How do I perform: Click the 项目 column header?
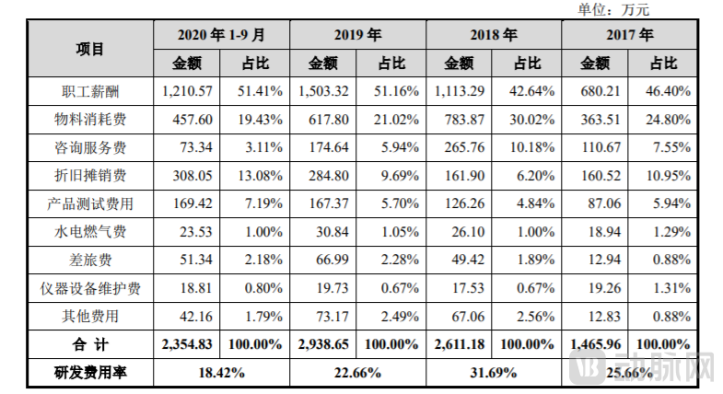pyautogui.click(x=90, y=50)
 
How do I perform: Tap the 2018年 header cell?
pyautogui.click(x=494, y=36)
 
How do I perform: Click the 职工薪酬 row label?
pyautogui.click(x=90, y=92)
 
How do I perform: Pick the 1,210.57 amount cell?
pyautogui.click(x=187, y=92)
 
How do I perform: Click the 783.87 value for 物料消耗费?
pyautogui.click(x=460, y=120)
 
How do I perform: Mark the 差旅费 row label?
pyautogui.click(x=90, y=261)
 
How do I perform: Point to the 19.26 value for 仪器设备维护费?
pyautogui.click(x=596, y=288)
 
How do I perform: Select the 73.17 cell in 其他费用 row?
pyautogui.click(x=324, y=317)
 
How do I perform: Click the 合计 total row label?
pyautogui.click(x=90, y=345)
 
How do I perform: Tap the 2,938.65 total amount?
pyautogui.click(x=323, y=345)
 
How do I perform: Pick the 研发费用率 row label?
pyautogui.click(x=90, y=374)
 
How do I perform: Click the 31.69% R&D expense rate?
pyautogui.click(x=494, y=374)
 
